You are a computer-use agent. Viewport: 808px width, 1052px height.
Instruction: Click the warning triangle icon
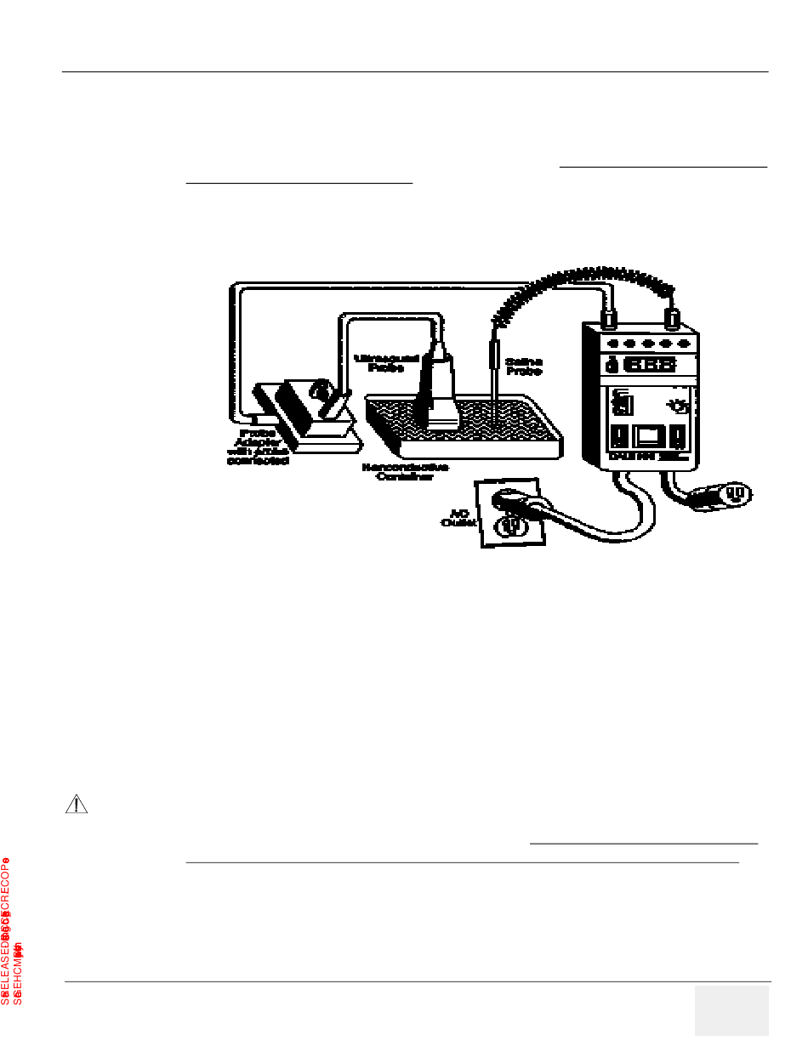click(x=77, y=805)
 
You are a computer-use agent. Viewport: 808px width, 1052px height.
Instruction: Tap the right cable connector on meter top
click(x=671, y=319)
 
